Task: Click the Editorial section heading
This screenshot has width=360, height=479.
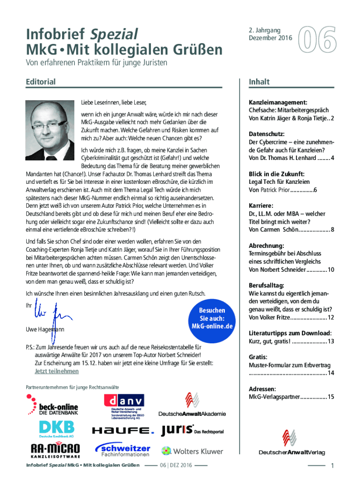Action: pyautogui.click(x=41, y=82)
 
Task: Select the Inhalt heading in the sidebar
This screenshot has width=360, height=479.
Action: pyautogui.click(x=259, y=82)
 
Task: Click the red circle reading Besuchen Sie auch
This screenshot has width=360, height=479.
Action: pyautogui.click(x=212, y=318)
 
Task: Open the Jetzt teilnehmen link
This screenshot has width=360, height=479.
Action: pyautogui.click(x=57, y=371)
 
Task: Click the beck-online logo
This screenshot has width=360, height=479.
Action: pyautogui.click(x=52, y=405)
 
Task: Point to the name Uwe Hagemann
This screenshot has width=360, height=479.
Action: pyautogui.click(x=45, y=330)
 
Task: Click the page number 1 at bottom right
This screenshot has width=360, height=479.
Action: pyautogui.click(x=332, y=465)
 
